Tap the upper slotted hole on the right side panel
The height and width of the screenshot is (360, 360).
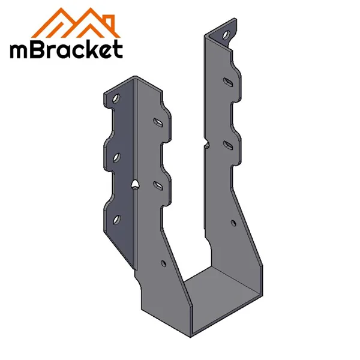[229, 81]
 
